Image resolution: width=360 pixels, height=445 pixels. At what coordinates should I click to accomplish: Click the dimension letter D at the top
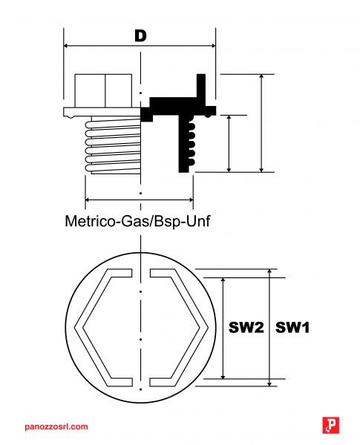pyautogui.click(x=140, y=36)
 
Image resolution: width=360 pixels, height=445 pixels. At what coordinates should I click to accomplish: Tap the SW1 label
pyautogui.click(x=292, y=327)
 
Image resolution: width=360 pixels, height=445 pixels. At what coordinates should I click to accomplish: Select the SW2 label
pyautogui.click(x=246, y=327)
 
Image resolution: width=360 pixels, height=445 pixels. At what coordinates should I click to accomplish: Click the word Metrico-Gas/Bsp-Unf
pyautogui.click(x=138, y=221)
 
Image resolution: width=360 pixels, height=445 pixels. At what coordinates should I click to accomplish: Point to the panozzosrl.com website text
pyautogui.click(x=56, y=426)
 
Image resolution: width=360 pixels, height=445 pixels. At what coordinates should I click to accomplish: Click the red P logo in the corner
pyautogui.click(x=331, y=425)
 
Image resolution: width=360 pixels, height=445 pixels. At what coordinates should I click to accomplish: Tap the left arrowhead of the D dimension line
pyautogui.click(x=66, y=45)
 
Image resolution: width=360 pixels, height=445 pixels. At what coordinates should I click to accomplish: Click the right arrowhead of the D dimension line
pyautogui.click(x=213, y=45)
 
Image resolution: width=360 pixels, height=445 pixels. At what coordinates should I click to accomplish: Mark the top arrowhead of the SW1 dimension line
pyautogui.click(x=269, y=272)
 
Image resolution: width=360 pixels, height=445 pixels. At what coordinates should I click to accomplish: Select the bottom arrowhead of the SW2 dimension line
pyautogui.click(x=223, y=375)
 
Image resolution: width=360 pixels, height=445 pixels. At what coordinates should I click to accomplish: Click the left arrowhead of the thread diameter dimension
pyautogui.click(x=88, y=200)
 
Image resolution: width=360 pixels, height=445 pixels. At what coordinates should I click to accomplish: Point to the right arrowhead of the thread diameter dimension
pyautogui.click(x=190, y=200)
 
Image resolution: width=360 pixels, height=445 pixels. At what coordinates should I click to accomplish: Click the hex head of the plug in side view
pyautogui.click(x=103, y=90)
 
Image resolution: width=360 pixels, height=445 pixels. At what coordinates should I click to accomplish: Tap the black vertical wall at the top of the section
pyautogui.click(x=201, y=86)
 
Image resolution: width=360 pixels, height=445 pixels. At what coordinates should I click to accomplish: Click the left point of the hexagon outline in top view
pyautogui.click(x=75, y=328)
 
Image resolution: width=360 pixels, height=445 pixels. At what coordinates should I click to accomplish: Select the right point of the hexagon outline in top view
pyautogui.click(x=208, y=328)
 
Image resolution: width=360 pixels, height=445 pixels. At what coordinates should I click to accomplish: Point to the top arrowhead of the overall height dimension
pyautogui.click(x=262, y=77)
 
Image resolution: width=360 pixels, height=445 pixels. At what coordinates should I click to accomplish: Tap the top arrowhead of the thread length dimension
pyautogui.click(x=229, y=119)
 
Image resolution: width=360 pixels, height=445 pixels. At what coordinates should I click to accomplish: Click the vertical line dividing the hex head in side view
pyautogui.click(x=105, y=90)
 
